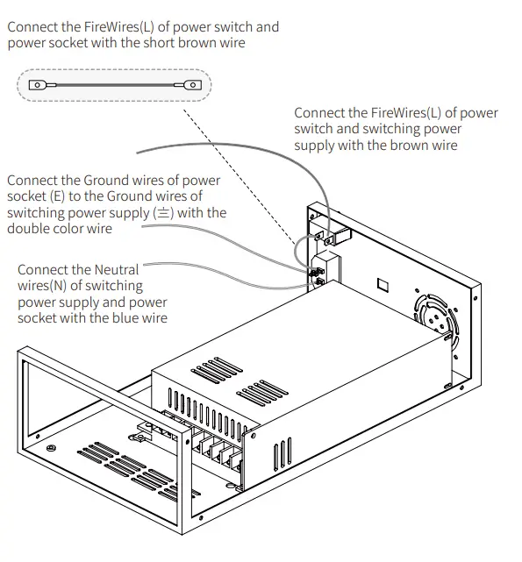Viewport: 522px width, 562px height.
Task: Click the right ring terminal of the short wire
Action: [189, 85]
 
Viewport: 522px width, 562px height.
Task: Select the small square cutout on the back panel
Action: [382, 284]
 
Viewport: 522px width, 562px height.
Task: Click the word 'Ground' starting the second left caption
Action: [108, 180]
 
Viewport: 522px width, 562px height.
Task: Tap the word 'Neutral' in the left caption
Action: [117, 269]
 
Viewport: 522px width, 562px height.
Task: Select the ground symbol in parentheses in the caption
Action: [163, 212]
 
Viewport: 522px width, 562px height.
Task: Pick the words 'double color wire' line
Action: [59, 228]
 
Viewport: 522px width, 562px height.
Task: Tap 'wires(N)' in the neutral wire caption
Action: [46, 286]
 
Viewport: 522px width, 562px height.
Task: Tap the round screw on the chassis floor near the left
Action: [52, 450]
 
